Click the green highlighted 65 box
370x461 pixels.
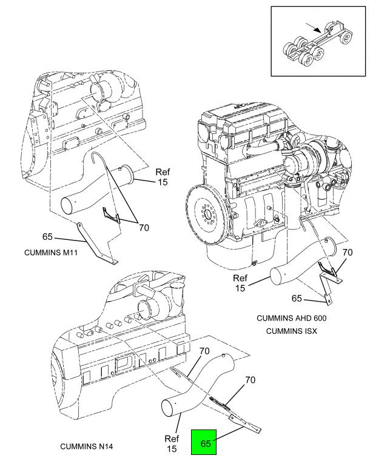[205, 443]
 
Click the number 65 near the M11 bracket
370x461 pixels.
[49, 236]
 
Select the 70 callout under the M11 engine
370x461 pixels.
[144, 228]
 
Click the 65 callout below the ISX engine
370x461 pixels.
[297, 298]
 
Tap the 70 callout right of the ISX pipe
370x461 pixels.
[348, 252]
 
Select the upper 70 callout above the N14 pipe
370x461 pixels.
[205, 350]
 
